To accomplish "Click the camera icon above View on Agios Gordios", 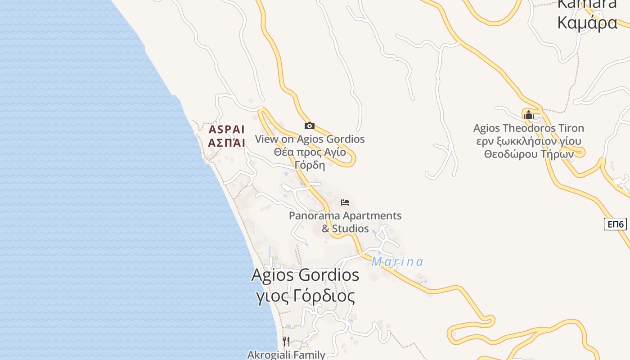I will [x=310, y=126].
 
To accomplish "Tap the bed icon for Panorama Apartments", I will [x=345, y=202].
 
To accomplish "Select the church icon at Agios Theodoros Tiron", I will [x=529, y=115].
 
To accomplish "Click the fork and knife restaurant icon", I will [x=286, y=341].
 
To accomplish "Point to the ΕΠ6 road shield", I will [x=615, y=224].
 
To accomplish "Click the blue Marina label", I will [x=397, y=262].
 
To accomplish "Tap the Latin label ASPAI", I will [x=227, y=130].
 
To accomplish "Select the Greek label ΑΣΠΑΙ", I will [x=227, y=143].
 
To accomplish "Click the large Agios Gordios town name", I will [x=305, y=274].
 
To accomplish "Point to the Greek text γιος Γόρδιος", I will [x=305, y=296].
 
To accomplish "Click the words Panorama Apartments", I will [x=345, y=216].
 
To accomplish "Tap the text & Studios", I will [x=345, y=229].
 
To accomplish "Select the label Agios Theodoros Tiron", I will [x=529, y=128].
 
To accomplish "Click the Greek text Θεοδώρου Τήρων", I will [x=529, y=154].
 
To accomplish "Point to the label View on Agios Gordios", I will [x=310, y=139].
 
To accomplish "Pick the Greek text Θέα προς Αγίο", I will [x=310, y=152].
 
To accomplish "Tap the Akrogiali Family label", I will [x=286, y=355].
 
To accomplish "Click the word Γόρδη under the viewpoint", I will [x=310, y=165].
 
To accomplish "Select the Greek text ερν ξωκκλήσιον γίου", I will [x=529, y=141].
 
